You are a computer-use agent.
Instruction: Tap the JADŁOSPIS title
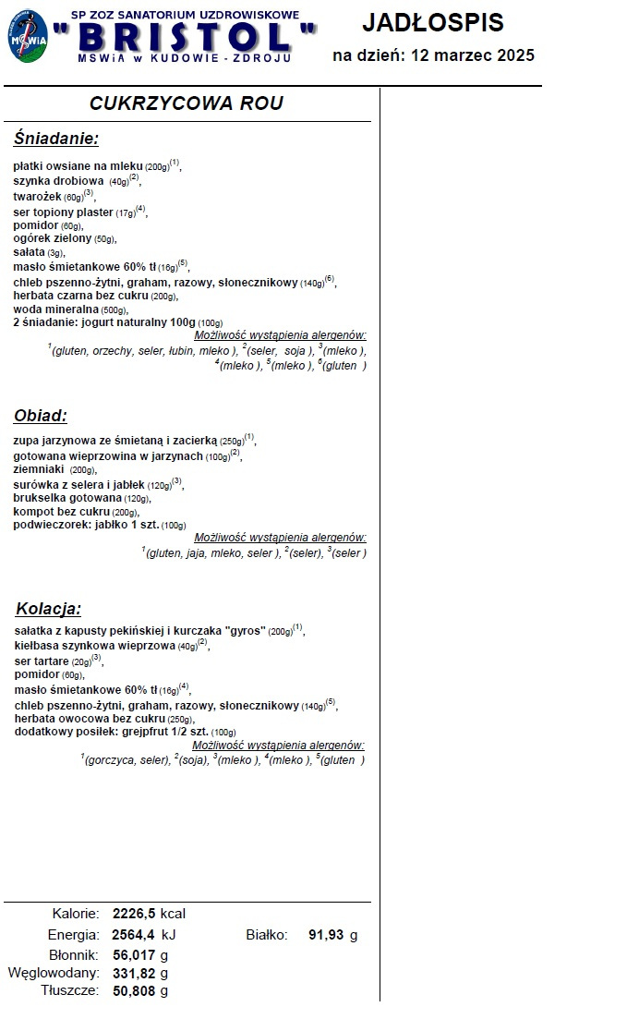[433, 22]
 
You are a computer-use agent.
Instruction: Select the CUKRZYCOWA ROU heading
[187, 103]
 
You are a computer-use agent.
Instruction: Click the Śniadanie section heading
[56, 139]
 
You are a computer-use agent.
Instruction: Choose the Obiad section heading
[40, 416]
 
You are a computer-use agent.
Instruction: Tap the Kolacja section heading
[48, 609]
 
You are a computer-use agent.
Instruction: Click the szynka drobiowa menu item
[58, 181]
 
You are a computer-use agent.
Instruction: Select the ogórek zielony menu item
[53, 238]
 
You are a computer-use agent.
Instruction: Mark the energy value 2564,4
[133, 935]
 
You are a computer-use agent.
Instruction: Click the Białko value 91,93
[326, 935]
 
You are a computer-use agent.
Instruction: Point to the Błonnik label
[73, 954]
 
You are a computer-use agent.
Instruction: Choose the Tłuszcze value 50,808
[135, 991]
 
